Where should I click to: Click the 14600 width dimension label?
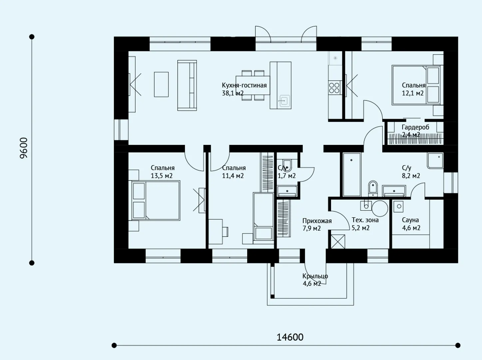290,337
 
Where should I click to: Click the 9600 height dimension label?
24,148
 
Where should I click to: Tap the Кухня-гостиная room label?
244,85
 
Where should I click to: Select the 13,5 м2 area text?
162,176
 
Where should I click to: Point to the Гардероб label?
415,127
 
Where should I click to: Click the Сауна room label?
410,220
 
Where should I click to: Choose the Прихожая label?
317,221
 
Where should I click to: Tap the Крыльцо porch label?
315,276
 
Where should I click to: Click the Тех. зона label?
365,220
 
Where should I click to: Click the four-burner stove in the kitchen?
334,88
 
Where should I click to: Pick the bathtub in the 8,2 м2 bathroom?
351,175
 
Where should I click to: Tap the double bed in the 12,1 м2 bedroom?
416,85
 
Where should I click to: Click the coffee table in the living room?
161,84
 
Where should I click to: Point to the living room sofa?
187,85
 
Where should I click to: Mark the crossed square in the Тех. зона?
338,242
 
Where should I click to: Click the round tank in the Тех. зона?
380,208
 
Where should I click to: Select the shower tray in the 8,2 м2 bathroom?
435,161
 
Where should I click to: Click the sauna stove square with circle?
398,206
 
